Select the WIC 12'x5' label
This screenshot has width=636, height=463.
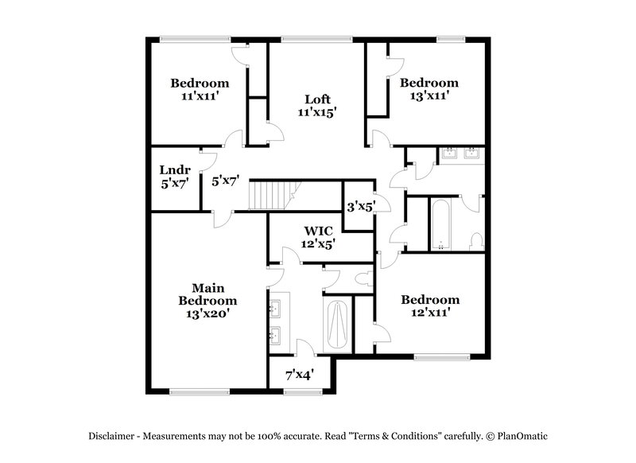[x=318, y=238]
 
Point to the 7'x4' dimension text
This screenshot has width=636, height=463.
[x=299, y=373]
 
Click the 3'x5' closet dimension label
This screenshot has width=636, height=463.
[x=361, y=205]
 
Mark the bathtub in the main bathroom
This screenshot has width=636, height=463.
[x=335, y=326]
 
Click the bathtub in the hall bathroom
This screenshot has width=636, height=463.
[x=441, y=224]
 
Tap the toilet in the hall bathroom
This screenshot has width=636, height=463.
[x=475, y=239]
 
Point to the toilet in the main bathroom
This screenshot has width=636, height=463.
[x=363, y=278]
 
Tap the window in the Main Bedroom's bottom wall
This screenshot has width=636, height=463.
[x=194, y=391]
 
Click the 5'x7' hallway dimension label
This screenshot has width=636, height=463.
[x=226, y=181]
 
